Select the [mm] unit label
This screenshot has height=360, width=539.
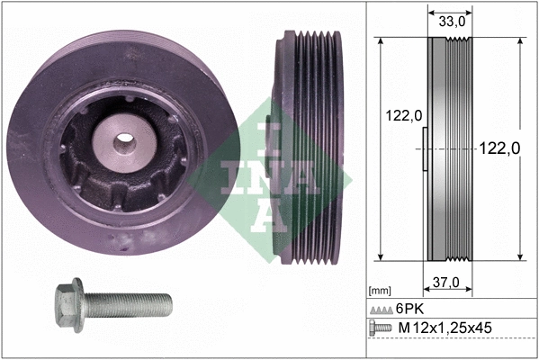[x=381, y=291]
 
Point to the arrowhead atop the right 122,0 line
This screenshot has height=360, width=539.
[x=521, y=41]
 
